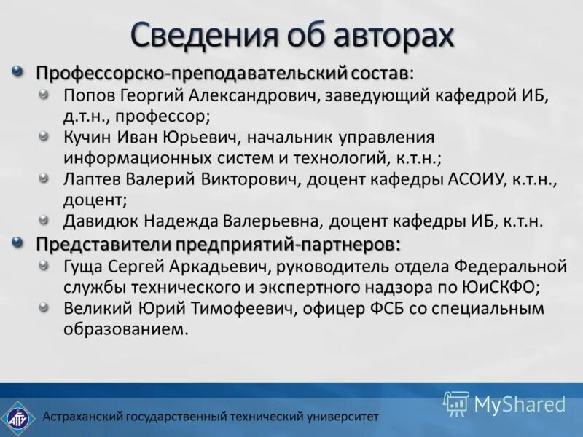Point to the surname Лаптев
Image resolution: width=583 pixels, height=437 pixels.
click(x=91, y=178)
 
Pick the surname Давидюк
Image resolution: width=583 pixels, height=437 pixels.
click(x=99, y=221)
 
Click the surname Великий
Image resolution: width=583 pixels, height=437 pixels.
click(x=95, y=309)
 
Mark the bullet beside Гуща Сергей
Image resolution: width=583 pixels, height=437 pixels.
click(x=46, y=264)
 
